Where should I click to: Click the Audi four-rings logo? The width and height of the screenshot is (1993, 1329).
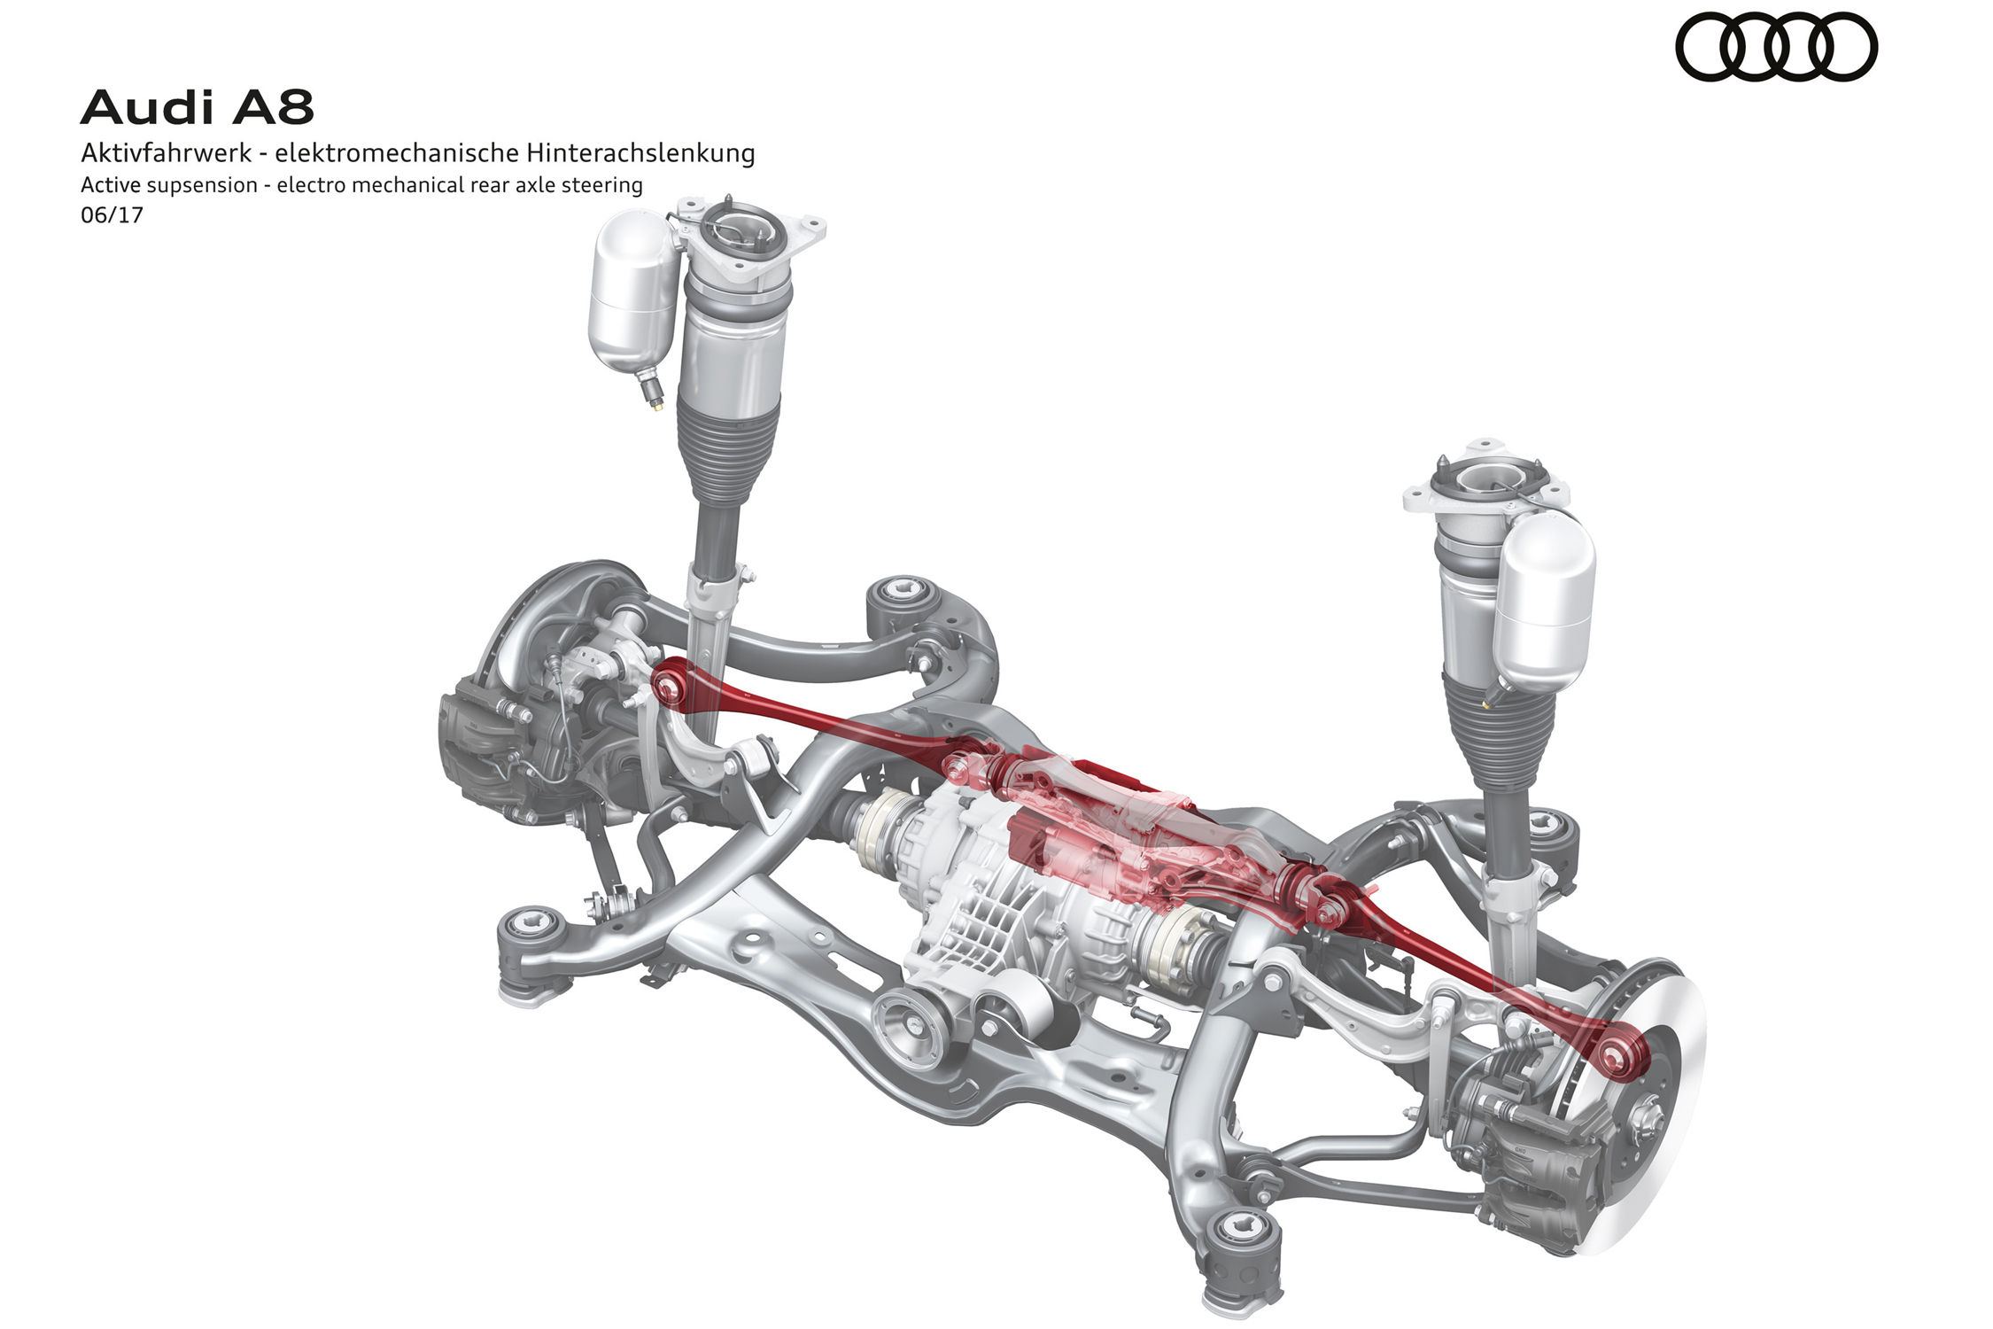[x=1776, y=46]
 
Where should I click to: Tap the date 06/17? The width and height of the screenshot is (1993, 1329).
[x=112, y=214]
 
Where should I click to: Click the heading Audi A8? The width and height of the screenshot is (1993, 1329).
[x=197, y=107]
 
